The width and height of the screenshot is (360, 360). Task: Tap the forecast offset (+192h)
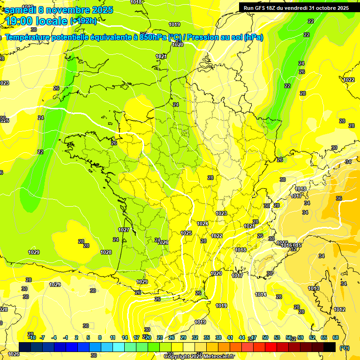point(83,21)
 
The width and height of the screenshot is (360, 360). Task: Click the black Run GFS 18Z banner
point(296,7)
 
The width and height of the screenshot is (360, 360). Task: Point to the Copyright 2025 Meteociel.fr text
point(199,357)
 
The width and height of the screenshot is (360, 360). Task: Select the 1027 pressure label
point(124,230)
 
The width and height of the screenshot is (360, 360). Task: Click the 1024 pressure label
point(202,224)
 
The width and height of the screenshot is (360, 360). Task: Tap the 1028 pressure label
point(106,252)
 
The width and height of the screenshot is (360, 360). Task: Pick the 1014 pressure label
point(261,294)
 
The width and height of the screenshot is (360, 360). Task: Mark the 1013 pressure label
point(314,288)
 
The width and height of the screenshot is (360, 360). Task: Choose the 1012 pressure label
point(340,309)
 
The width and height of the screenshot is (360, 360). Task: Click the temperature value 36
point(339,198)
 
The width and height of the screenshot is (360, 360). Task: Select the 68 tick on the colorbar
point(336,337)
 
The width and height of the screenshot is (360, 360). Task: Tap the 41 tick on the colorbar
point(230,337)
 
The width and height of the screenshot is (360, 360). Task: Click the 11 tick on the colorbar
point(112,337)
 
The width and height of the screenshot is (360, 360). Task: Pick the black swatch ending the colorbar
point(330,347)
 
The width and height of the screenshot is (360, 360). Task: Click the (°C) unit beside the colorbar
point(345,347)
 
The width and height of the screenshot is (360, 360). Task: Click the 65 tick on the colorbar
point(324,337)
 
